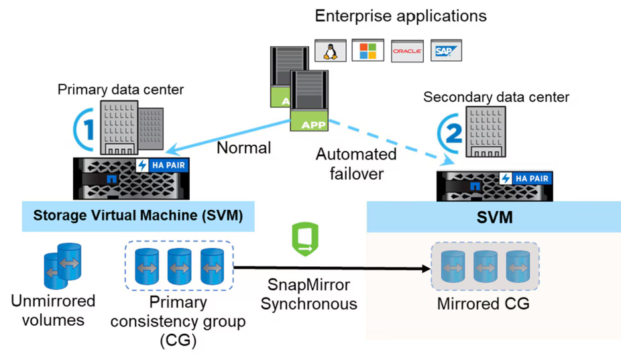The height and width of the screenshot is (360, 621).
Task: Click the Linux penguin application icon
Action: coord(330,51)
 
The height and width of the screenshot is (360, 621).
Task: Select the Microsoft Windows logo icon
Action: coord(368,50)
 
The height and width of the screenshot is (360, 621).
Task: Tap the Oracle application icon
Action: coord(406,51)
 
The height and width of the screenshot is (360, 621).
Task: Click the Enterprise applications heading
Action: coord(400,15)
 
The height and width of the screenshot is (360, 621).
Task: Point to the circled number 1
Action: coord(82,125)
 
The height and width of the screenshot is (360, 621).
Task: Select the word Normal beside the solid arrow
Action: coord(243,147)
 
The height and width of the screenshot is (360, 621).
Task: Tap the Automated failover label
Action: coord(356,163)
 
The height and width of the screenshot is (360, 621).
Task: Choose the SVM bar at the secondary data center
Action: coord(493,219)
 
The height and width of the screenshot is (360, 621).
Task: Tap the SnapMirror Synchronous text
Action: coord(308,294)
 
